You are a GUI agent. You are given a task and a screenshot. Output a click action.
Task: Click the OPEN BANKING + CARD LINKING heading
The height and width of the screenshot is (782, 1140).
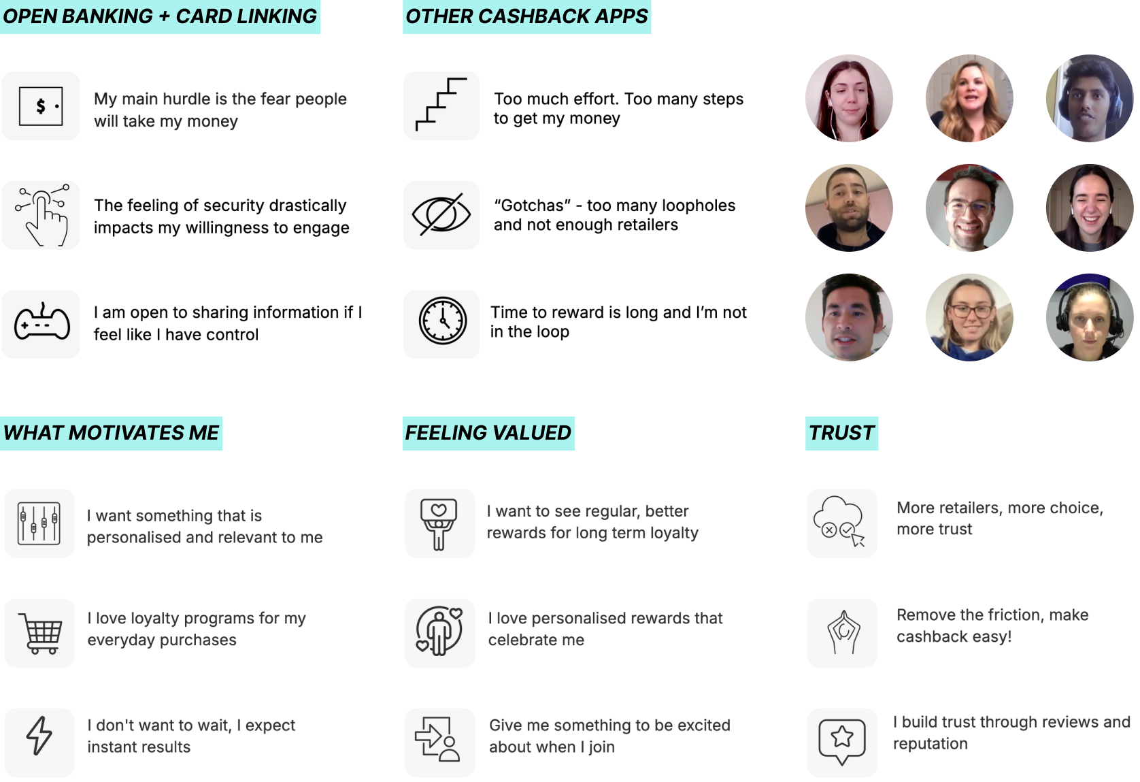tap(160, 16)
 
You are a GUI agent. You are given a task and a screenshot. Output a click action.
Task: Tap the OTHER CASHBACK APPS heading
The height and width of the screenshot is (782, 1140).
tap(526, 16)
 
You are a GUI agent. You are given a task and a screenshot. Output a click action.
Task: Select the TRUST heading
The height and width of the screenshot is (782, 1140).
tap(841, 433)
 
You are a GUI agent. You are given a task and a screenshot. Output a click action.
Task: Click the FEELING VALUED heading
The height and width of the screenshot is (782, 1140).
tap(488, 433)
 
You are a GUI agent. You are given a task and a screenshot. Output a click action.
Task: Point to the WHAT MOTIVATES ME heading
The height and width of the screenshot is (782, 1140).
tap(111, 433)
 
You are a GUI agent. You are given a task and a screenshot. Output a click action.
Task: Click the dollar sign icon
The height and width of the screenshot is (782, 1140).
tap(41, 106)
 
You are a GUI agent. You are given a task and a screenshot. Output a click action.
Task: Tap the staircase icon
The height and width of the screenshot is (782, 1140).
tap(441, 105)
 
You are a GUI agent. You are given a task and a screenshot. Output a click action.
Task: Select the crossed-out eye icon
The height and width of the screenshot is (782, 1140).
tap(441, 215)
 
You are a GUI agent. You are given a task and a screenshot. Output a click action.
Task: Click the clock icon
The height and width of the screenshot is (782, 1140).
tap(442, 321)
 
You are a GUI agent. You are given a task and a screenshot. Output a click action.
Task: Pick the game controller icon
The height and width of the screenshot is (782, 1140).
tap(42, 323)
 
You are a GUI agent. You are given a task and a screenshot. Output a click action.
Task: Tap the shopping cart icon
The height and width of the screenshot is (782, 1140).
tap(41, 633)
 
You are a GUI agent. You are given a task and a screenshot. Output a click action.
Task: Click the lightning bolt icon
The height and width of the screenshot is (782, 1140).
tap(39, 736)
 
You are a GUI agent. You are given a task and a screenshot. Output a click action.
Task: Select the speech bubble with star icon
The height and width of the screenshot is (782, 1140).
tap(842, 740)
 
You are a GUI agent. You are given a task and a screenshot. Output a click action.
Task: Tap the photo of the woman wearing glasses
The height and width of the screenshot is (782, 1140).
tap(969, 317)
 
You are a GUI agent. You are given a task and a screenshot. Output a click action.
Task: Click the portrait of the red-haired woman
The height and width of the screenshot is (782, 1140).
tap(849, 98)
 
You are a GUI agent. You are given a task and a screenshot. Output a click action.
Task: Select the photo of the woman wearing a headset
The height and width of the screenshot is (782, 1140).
tap(1089, 317)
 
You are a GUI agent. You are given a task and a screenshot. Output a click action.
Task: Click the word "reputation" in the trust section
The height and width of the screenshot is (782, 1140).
tap(930, 744)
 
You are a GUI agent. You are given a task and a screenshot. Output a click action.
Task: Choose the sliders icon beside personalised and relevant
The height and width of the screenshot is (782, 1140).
tap(39, 523)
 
